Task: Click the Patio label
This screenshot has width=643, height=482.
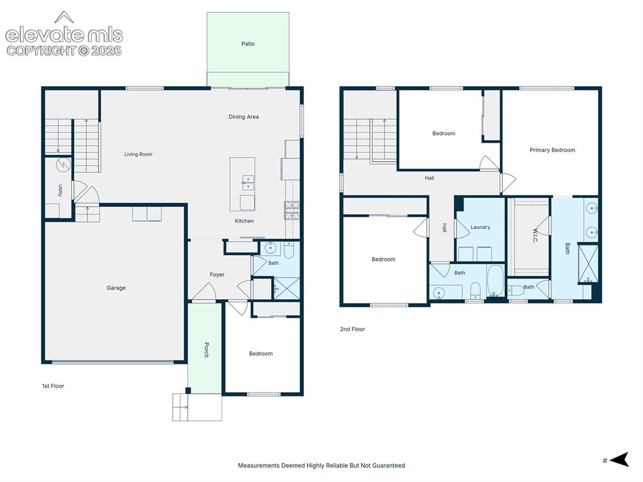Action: [x=247, y=43]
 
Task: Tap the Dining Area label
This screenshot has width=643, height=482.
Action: [x=244, y=117]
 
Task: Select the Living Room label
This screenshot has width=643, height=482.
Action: [x=138, y=155]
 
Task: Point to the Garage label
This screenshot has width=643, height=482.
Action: [x=116, y=288]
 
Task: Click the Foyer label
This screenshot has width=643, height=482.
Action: [x=217, y=275]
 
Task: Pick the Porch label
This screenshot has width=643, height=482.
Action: [x=207, y=350]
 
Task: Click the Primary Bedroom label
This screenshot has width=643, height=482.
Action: [x=552, y=150]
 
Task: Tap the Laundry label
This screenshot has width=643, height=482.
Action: [x=480, y=227]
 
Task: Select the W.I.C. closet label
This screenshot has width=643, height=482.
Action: [x=535, y=236]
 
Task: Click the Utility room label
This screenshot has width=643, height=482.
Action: [x=60, y=190]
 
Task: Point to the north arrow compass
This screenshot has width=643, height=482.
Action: [x=619, y=459]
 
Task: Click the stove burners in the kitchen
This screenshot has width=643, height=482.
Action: [x=291, y=211]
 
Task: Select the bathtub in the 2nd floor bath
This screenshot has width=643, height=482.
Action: [x=495, y=281]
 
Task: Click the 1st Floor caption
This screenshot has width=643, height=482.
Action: [x=53, y=386]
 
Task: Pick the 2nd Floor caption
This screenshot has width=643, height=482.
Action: [x=352, y=329]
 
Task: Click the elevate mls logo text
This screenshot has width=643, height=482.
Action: [x=64, y=35]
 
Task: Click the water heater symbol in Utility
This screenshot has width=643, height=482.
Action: [x=63, y=165]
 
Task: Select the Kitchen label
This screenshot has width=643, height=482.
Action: [x=244, y=221]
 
